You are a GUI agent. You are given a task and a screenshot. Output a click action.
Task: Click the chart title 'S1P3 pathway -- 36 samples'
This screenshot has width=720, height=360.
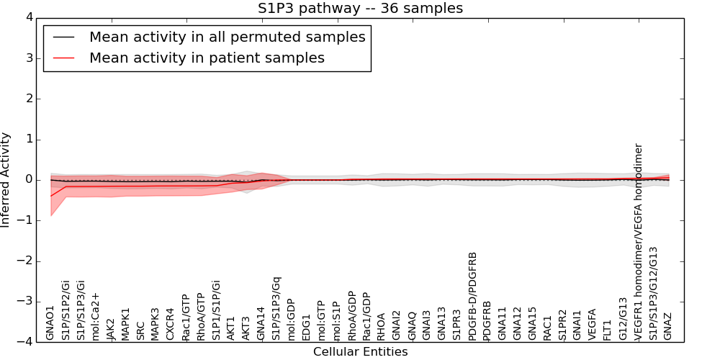click(x=360, y=9)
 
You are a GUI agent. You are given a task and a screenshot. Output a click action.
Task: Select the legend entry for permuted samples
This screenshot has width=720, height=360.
click(x=227, y=37)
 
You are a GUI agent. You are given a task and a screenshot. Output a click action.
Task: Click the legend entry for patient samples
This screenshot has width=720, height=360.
click(x=207, y=58)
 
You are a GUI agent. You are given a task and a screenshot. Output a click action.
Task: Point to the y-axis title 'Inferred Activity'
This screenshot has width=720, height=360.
click(x=6, y=180)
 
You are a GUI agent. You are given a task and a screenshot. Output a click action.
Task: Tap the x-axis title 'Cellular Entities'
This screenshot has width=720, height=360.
click(x=360, y=352)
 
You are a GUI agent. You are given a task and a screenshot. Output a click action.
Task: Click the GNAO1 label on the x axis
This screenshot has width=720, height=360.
click(x=50, y=323)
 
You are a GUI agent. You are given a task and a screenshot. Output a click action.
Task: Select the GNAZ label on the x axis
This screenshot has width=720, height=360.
click(x=668, y=326)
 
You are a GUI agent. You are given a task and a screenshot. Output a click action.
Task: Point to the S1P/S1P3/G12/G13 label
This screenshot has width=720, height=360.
click(x=653, y=283)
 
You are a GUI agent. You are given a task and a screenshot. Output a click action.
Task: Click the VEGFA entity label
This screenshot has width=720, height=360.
click(x=593, y=324)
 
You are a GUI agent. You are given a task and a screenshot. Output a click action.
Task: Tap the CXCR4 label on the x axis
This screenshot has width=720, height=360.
click(x=171, y=324)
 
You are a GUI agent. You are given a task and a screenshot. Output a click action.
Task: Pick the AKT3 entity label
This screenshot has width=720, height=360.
click(x=246, y=327)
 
